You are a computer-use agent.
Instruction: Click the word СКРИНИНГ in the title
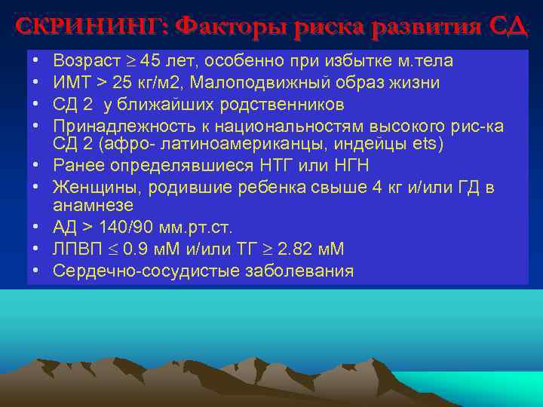pyautogui.click(x=90, y=26)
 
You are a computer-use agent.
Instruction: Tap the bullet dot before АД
pyautogui.click(x=37, y=227)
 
